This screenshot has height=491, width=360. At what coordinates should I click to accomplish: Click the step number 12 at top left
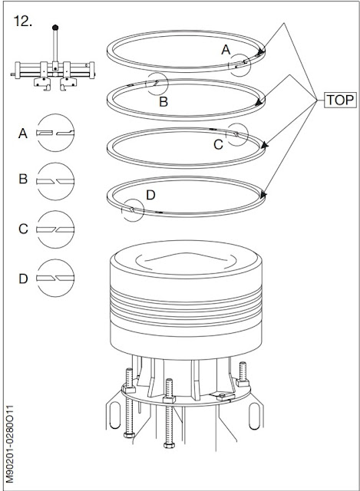point(23,21)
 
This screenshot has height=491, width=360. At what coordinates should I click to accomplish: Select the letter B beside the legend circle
point(23,180)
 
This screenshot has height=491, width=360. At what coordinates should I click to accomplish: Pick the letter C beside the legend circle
point(23,228)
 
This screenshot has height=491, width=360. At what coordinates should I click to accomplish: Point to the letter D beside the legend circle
point(23,278)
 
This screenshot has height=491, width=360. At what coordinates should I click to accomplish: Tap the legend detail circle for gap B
point(56,180)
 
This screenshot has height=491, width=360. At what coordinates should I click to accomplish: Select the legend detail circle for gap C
point(56,229)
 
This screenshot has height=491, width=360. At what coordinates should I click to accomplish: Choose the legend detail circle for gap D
point(56,278)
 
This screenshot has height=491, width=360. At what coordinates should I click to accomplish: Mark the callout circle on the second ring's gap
point(158,84)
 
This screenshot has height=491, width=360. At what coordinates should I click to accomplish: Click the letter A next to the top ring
point(226,49)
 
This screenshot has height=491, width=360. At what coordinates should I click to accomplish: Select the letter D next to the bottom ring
point(150,195)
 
